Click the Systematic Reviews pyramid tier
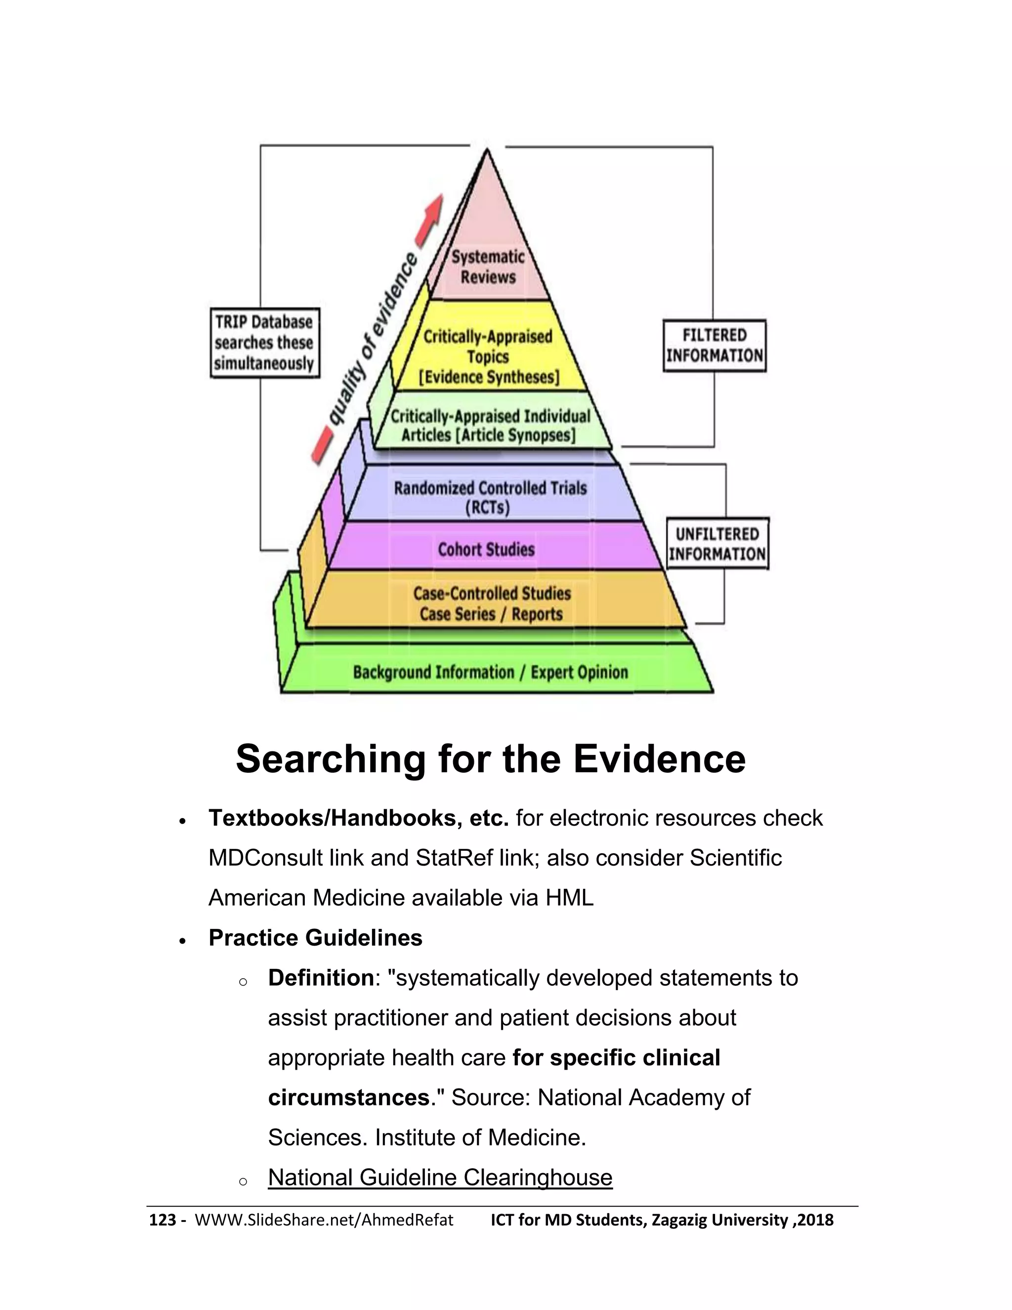point(488,266)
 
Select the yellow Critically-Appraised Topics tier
point(488,356)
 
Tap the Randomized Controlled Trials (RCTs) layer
point(489,497)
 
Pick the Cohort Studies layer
point(486,549)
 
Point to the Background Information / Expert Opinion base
point(490,672)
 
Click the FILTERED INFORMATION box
point(714,346)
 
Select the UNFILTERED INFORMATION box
point(717,543)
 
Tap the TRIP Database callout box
point(264,343)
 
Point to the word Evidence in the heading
point(660,759)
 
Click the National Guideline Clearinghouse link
point(440,1177)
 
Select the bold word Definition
point(321,978)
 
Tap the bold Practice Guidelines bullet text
point(315,937)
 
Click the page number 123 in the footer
point(162,1220)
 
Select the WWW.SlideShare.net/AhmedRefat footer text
point(324,1220)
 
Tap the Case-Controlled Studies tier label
point(492,594)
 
